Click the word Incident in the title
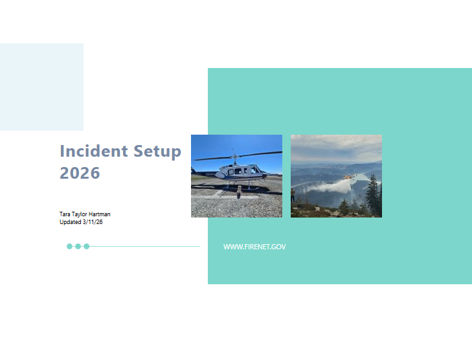tap(94, 152)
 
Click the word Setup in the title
tap(157, 152)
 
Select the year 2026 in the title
tap(80, 173)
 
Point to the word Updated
tap(70, 222)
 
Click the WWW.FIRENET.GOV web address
tap(254, 247)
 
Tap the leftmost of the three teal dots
tap(70, 246)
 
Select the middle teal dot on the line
tap(78, 246)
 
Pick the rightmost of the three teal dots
tap(87, 246)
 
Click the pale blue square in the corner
tap(41, 87)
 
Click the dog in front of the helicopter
tap(239, 191)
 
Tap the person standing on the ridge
tap(293, 194)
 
